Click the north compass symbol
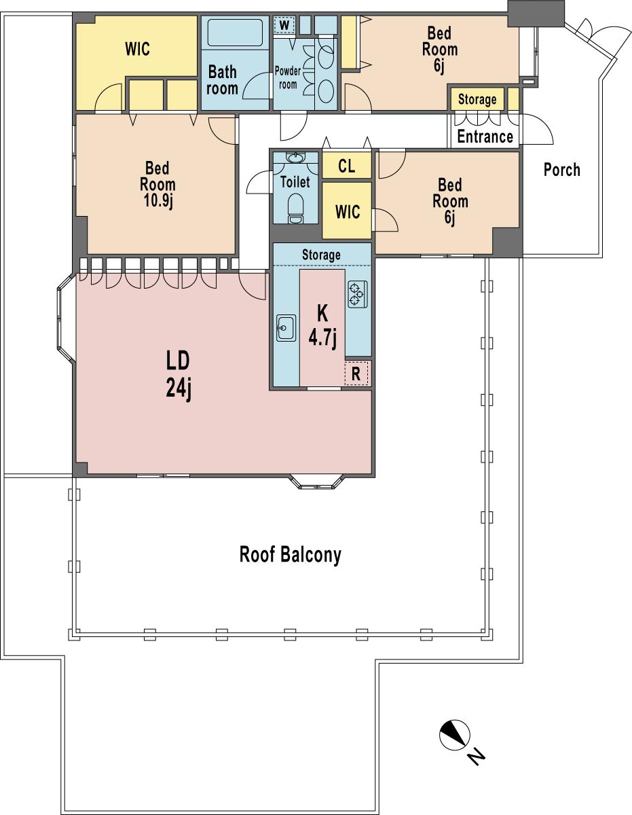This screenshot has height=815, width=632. point(454,735)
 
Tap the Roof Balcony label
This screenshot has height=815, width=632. point(290,555)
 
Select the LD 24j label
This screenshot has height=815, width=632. point(178,375)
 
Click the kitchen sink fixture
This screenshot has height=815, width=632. point(286,329)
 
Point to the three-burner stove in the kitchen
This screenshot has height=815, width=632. point(357,294)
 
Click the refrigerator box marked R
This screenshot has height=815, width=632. point(356,374)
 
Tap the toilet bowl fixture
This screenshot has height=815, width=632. point(296,207)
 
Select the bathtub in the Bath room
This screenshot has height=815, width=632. point(234,33)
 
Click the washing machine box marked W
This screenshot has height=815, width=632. point(284,25)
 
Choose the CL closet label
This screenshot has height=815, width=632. point(346,166)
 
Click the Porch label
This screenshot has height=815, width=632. point(561,170)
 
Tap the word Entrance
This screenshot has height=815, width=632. point(485,137)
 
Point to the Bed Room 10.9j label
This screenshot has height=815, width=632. point(157,185)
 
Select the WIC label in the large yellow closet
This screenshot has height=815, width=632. point(137,49)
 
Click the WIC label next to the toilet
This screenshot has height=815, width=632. point(347,211)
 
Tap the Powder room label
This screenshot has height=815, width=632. point(288,77)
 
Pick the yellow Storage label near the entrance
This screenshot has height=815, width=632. point(477,100)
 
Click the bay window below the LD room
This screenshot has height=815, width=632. point(318,483)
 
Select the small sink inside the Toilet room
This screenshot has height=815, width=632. point(296,158)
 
